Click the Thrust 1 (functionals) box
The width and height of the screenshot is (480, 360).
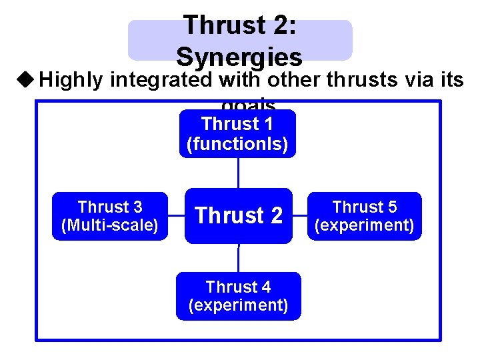[237, 134]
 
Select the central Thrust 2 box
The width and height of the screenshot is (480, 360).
[238, 216]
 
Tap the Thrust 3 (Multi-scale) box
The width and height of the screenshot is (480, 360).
[110, 216]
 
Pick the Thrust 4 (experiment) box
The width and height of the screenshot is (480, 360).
[238, 296]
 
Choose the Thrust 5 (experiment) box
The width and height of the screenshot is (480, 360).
[365, 216]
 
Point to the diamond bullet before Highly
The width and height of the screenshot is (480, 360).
[25, 81]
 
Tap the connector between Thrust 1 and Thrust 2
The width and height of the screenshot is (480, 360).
[238, 173]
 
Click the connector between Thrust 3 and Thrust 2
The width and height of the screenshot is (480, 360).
[176, 216]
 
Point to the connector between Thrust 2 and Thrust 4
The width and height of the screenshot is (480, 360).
[238, 257]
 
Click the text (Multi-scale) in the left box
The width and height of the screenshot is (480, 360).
[110, 225]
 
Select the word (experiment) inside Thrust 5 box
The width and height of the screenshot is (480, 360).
[365, 225]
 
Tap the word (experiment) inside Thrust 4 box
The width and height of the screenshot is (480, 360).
[238, 305]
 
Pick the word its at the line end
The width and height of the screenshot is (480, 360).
[449, 81]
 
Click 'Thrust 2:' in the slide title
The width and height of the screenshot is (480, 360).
[239, 25]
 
